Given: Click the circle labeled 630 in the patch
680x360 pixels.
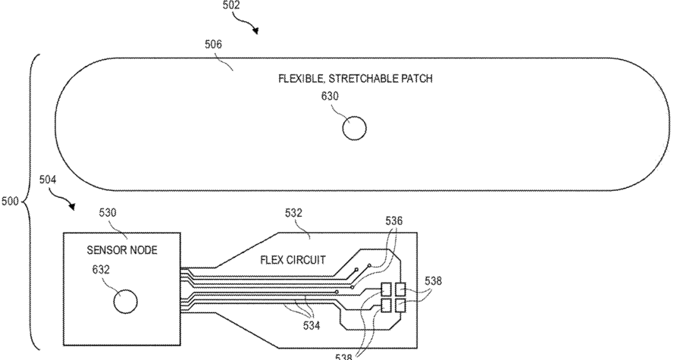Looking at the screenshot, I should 354,128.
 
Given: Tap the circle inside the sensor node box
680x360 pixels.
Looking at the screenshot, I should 124,302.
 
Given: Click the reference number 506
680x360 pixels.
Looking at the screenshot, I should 213,45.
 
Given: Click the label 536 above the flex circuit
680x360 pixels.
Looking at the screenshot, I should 393,221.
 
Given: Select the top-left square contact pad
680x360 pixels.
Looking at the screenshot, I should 387,289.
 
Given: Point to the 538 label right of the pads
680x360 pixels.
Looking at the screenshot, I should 432,281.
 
